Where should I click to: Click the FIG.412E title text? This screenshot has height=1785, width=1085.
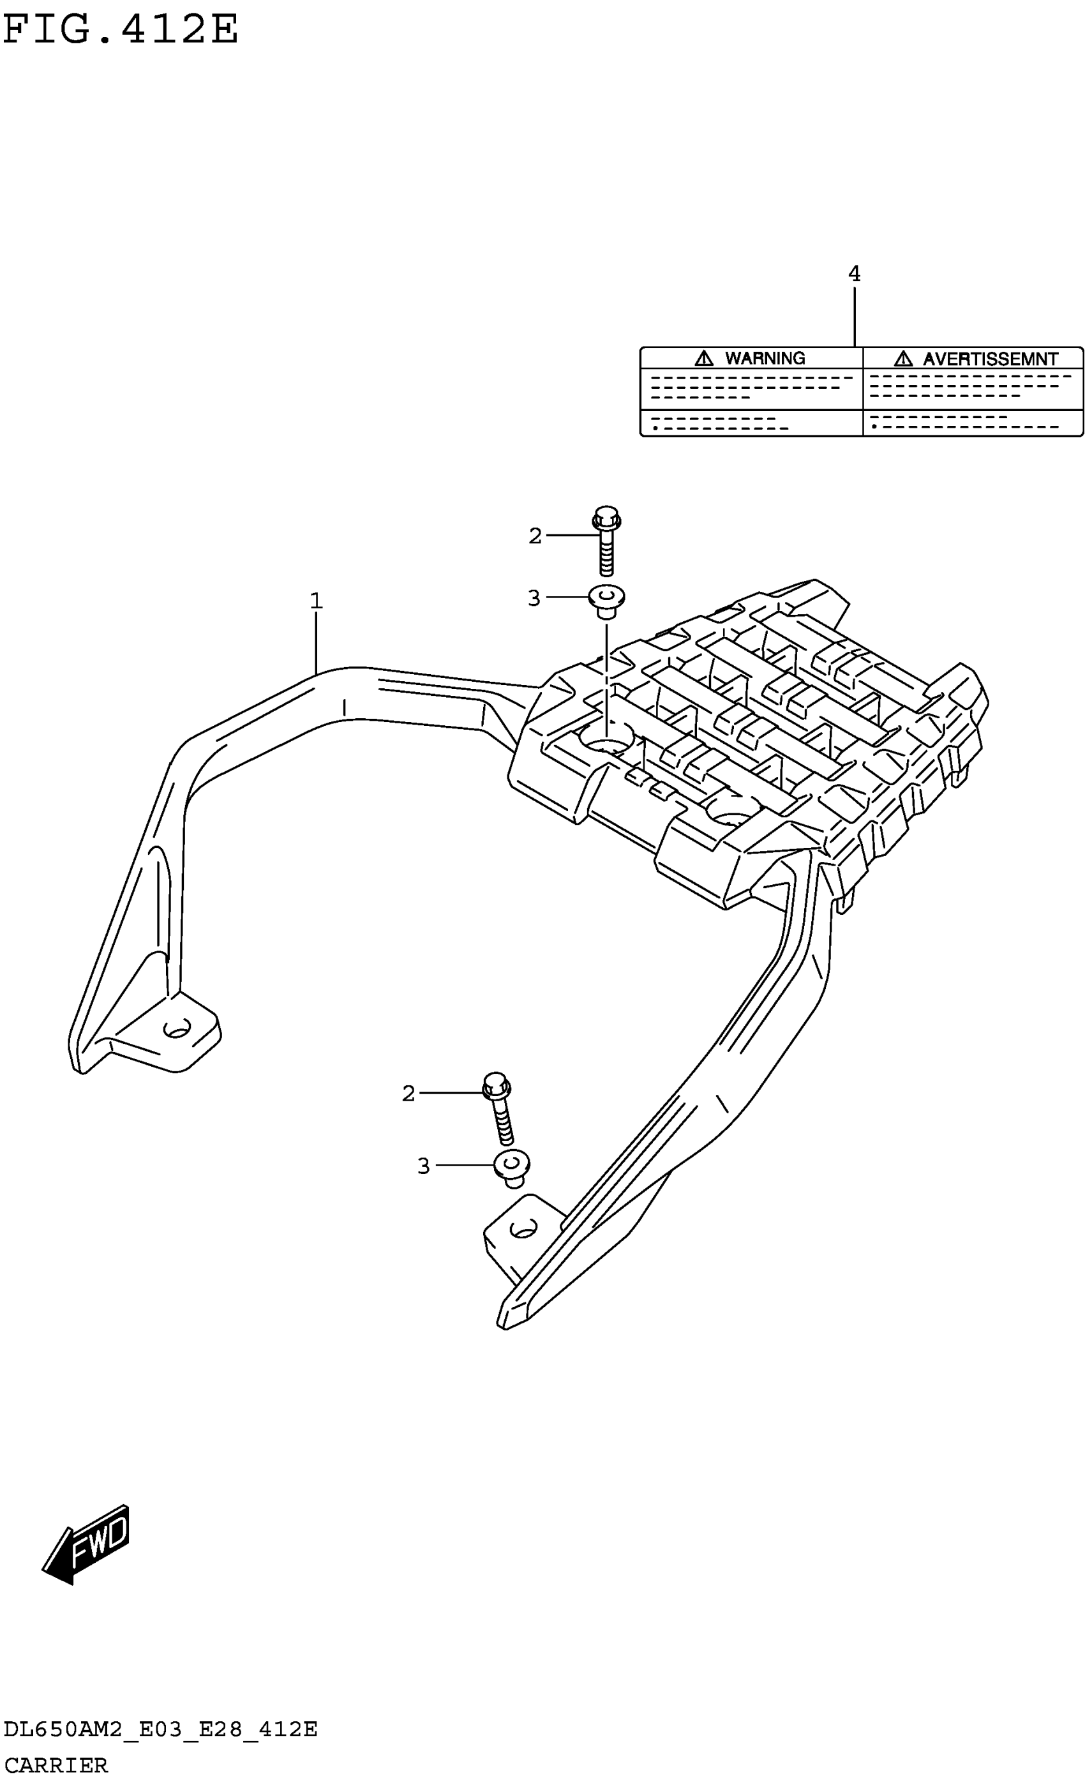(x=120, y=31)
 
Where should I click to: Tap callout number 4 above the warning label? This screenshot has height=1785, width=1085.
(x=854, y=274)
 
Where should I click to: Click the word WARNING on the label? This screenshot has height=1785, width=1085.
(x=764, y=359)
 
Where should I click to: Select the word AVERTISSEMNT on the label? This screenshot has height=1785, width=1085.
(x=990, y=359)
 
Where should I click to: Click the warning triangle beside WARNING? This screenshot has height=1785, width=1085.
(x=703, y=358)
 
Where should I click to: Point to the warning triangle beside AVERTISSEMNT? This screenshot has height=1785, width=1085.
(x=902, y=358)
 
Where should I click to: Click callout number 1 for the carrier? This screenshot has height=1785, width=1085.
(x=316, y=601)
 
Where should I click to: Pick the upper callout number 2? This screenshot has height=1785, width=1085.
(x=535, y=536)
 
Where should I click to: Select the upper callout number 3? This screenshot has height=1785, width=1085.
(x=534, y=598)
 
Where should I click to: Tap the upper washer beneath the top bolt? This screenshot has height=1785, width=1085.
(x=607, y=600)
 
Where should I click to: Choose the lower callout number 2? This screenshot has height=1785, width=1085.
(x=408, y=1093)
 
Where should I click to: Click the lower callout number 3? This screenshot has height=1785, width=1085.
(x=424, y=1166)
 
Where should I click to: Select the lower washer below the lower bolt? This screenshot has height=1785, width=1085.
(x=511, y=1166)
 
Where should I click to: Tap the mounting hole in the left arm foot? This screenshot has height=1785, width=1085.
(x=177, y=1028)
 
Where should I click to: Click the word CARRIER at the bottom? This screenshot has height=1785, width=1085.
(x=56, y=1765)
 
